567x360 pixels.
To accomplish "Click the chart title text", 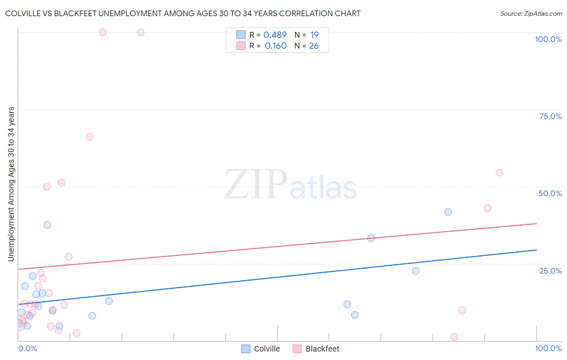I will coord(183,13).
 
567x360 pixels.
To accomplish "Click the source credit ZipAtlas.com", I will coord(531,13).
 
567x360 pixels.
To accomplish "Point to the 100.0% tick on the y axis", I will coord(548,39).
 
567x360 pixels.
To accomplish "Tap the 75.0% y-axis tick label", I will coord(550,116).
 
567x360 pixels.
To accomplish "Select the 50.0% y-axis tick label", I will coord(550,193).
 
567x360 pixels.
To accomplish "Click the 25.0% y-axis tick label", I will coord(550,271).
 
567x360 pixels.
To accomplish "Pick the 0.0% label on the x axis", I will coord(27,348).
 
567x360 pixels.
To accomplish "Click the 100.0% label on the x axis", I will coord(548,348).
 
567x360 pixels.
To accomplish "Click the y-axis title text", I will coord(11,184).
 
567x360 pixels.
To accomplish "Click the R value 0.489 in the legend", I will coord(275,35).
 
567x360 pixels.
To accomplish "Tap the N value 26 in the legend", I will coord(314,46).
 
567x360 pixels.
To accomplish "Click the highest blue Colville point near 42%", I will coord(448,212).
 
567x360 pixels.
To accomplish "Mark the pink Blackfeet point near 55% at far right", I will coord(499,173).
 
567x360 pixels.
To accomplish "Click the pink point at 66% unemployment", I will coord(90,137).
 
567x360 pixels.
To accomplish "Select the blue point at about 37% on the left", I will coord(47,225).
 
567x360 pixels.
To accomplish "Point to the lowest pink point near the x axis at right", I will coord(454,337).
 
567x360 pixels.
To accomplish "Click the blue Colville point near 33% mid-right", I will coord(371,238).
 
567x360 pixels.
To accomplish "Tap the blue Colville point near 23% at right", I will coord(416,271).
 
